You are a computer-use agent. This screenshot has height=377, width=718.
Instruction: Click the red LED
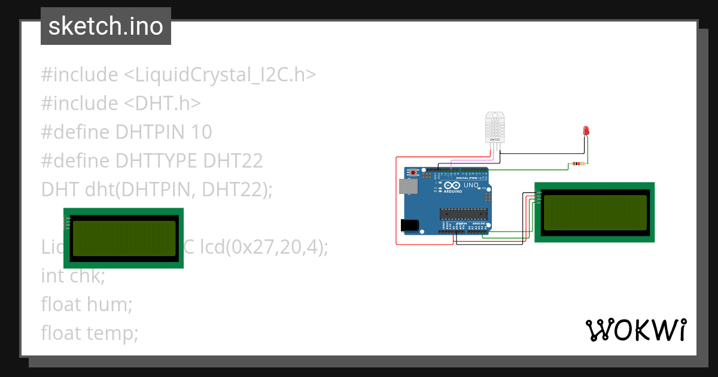pyautogui.click(x=586, y=130)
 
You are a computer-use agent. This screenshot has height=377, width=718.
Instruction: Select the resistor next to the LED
pyautogui.click(x=578, y=163)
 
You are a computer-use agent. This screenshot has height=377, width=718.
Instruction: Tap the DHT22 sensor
pyautogui.click(x=497, y=126)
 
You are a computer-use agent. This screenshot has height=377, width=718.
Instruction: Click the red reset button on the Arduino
pyautogui.click(x=413, y=173)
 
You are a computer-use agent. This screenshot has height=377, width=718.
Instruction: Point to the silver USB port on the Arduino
pyautogui.click(x=407, y=186)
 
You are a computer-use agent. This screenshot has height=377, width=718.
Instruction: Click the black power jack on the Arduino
pyautogui.click(x=409, y=225)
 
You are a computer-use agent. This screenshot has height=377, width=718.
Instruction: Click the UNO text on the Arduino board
pyautogui.click(x=471, y=186)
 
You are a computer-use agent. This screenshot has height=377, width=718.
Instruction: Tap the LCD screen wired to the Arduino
pyautogui.click(x=594, y=212)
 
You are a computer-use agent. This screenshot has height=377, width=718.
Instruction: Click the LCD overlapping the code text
pyautogui.click(x=124, y=238)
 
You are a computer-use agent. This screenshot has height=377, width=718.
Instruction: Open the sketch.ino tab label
pyautogui.click(x=105, y=26)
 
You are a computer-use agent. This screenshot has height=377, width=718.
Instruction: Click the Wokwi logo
pyautogui.click(x=635, y=330)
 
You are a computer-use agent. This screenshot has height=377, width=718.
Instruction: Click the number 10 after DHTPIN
pyautogui.click(x=202, y=132)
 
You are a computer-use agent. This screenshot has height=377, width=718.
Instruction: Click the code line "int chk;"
pyautogui.click(x=73, y=276)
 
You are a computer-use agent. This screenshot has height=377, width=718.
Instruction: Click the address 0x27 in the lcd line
pyautogui.click(x=271, y=247)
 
